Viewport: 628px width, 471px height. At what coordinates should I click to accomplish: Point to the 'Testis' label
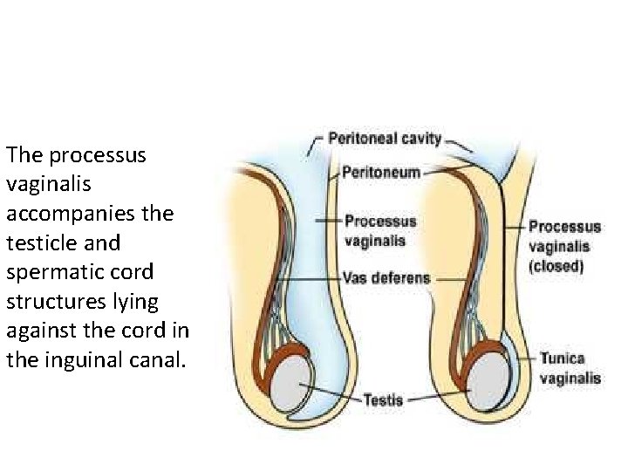click(384, 399)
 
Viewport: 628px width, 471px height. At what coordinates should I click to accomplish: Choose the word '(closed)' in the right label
click(556, 266)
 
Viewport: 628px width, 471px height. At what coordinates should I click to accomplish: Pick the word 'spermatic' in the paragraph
click(49, 271)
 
